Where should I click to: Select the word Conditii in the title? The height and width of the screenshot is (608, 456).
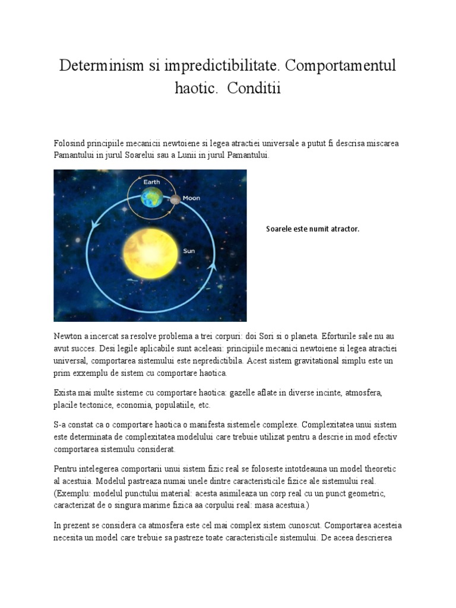[x=252, y=89]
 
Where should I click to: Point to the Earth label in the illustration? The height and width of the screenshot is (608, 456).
[x=151, y=182]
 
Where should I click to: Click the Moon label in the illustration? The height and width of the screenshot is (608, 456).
[x=191, y=198]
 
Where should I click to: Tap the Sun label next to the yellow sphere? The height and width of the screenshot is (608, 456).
[x=189, y=251]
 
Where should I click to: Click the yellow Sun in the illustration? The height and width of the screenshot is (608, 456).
[x=151, y=254]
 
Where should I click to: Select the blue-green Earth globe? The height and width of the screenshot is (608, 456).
[x=152, y=198]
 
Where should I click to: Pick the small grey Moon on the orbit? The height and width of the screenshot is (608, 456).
[x=175, y=200]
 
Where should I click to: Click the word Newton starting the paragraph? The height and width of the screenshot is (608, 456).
[x=68, y=336]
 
